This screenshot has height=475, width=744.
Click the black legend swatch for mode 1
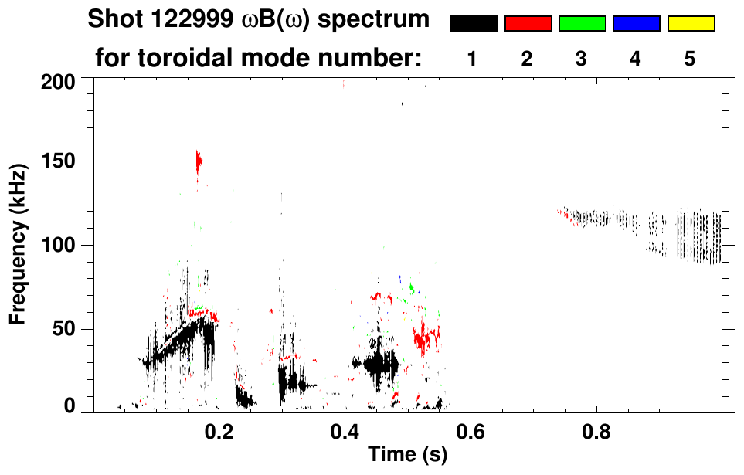click(x=473, y=24)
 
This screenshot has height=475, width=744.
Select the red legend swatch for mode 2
click(x=528, y=24)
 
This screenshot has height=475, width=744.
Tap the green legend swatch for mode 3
click(x=582, y=24)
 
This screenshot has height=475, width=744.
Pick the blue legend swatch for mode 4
click(x=636, y=24)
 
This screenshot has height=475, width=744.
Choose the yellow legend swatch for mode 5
click(x=691, y=24)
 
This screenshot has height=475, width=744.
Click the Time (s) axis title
click(x=406, y=456)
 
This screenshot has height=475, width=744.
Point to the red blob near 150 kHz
click(x=199, y=161)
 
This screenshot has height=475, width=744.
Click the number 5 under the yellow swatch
click(x=690, y=58)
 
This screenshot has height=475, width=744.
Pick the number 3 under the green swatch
click(x=582, y=58)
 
